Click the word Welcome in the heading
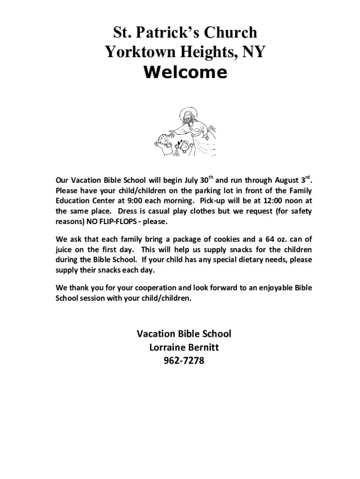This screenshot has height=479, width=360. click(186, 73)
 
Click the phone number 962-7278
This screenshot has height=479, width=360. click(184, 361)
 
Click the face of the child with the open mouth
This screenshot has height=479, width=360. click(162, 140)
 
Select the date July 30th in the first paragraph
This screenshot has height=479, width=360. click(200, 181)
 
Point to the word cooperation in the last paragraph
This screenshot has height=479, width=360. click(152, 288)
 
